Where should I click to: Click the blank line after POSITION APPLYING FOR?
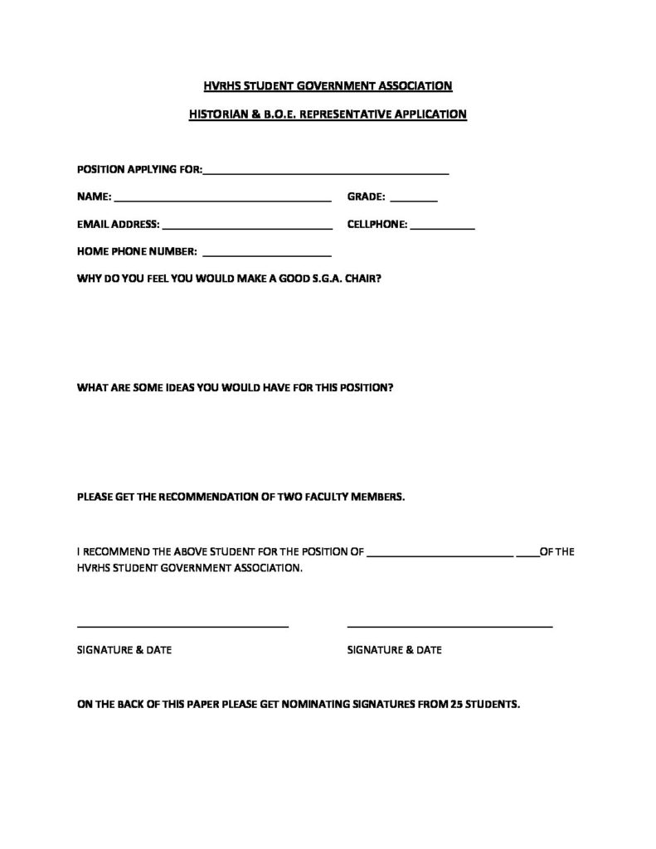[326, 173]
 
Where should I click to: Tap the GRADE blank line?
[413, 201]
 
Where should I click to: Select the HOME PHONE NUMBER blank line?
[266, 255]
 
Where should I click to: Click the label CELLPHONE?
[377, 224]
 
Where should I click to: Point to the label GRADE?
[366, 197]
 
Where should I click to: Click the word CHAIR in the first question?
[364, 279]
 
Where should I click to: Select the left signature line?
[182, 626]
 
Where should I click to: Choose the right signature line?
[449, 626]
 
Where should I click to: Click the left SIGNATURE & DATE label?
[124, 650]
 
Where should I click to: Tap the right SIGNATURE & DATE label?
[394, 650]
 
